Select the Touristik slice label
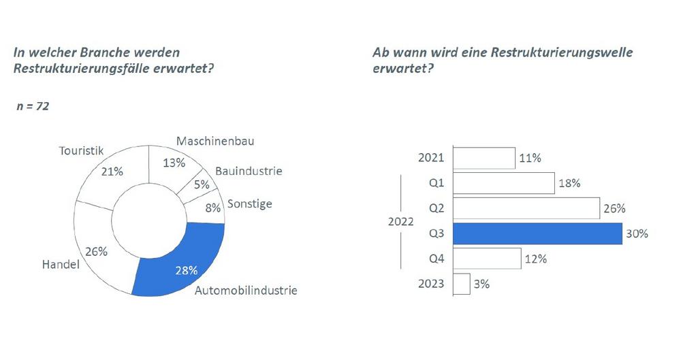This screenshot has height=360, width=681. click(81, 148)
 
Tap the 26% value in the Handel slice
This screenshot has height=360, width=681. click(98, 251)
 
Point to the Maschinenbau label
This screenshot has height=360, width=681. click(210, 142)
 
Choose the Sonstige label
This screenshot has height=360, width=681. click(249, 203)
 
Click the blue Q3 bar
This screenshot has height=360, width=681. click(537, 233)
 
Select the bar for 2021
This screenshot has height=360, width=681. click(484, 158)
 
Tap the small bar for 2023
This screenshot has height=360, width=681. click(462, 284)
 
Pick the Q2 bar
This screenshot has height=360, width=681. click(524, 208)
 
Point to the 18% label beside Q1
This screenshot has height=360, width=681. click(569, 183)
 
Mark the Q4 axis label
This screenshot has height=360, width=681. click(437, 259)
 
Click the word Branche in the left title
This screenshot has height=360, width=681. click(114, 51)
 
